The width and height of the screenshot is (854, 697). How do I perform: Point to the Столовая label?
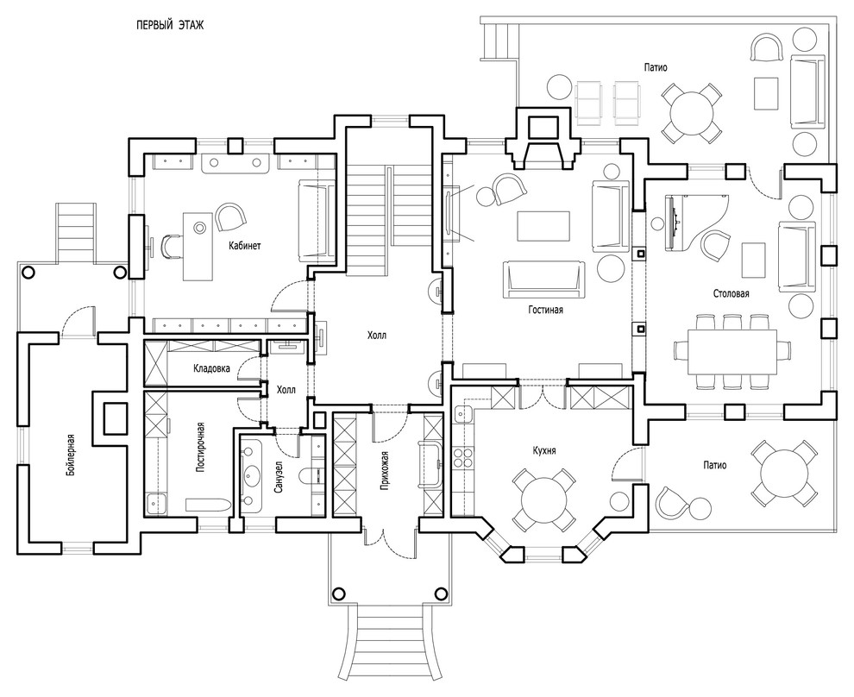point(731,293)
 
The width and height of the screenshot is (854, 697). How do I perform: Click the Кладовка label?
point(211,368)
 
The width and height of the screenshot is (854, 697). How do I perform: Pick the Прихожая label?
point(385,471)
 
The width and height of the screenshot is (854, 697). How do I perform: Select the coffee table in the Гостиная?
point(543,226)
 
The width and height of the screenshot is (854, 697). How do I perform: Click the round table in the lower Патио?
point(783,473)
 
